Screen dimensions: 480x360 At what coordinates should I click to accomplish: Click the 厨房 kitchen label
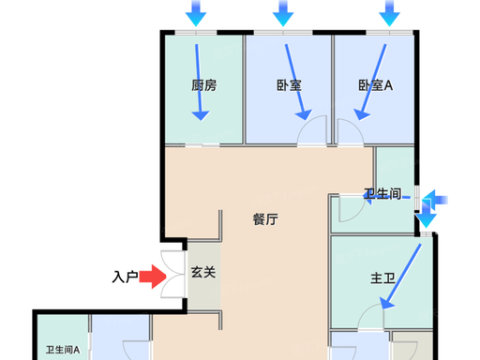point(204,85)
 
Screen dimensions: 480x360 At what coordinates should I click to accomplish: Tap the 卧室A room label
point(375,85)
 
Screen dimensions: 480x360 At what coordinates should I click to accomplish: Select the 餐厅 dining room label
point(265,219)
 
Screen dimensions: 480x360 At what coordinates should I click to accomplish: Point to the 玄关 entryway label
point(203,272)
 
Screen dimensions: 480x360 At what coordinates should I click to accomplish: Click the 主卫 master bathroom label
point(383,277)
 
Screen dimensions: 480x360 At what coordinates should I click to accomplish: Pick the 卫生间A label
point(63,350)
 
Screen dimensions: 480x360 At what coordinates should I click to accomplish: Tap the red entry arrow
point(153,277)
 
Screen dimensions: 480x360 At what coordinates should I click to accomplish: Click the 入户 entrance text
point(125,277)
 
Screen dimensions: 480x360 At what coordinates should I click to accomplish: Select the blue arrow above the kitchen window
point(196,13)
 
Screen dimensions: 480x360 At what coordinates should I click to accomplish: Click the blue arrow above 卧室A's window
point(389,13)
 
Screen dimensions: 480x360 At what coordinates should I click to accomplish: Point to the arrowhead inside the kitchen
point(201,116)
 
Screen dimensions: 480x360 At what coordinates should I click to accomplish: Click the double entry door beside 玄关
point(172,274)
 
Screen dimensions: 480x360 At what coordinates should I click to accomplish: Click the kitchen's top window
point(196,33)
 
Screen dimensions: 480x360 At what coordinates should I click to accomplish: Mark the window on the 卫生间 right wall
point(417,198)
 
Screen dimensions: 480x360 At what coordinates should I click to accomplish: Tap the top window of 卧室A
point(390,33)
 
